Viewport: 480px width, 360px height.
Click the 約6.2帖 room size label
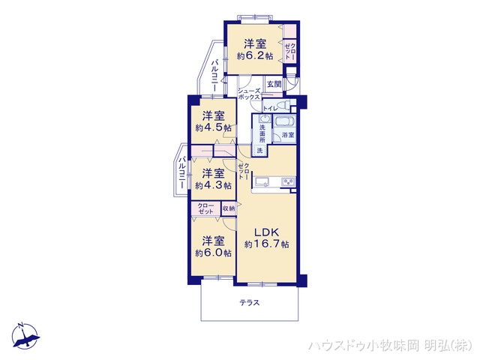[255, 55]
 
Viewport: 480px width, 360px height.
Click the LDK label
[266, 232]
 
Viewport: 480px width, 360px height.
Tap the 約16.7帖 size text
[266, 244]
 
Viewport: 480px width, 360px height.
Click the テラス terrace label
[250, 303]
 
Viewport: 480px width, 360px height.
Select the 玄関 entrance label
[274, 84]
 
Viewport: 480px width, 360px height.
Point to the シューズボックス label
[249, 94]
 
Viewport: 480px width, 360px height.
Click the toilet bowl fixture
[284, 106]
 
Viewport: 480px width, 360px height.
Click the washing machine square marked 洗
[259, 151]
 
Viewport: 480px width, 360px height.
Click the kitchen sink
[265, 181]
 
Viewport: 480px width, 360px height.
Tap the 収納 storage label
[228, 208]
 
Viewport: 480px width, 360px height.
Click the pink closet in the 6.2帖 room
[290, 50]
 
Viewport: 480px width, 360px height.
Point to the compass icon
[25, 336]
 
